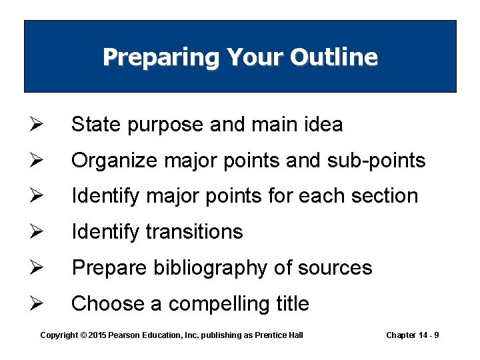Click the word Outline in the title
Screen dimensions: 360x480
pos(334,57)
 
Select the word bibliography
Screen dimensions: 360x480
pos(213,268)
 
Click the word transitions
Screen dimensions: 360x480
pos(194,232)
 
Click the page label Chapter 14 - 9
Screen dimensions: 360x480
pos(412,335)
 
